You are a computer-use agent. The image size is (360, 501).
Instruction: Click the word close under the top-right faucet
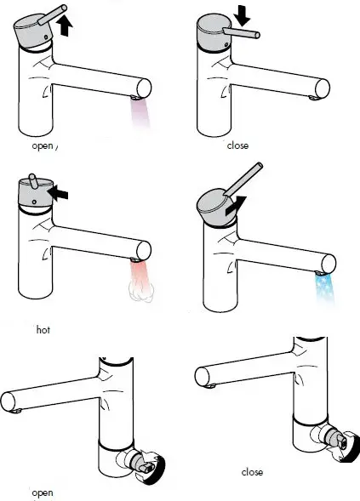237,145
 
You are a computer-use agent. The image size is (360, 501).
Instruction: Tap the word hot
43,328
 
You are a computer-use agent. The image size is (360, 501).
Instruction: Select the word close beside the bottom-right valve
252,471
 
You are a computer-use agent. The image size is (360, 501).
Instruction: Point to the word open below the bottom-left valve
42,492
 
